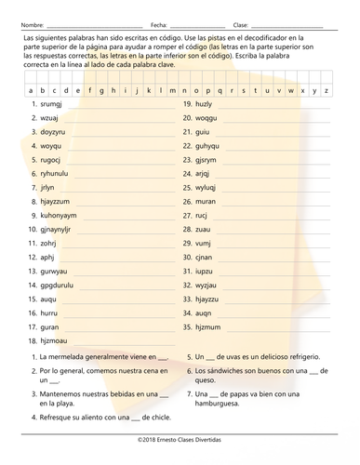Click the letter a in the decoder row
pyautogui.click(x=31, y=91)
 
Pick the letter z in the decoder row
pyautogui.click(x=326, y=91)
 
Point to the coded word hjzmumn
pyautogui.click(x=208, y=327)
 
